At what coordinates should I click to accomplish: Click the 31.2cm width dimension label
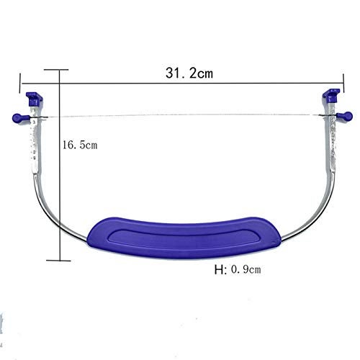(189, 73)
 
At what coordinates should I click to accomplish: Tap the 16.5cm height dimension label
(80, 145)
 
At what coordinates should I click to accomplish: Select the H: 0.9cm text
(238, 269)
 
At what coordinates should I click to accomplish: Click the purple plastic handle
(184, 238)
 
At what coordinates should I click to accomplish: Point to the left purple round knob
(18, 118)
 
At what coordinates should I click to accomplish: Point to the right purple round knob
(346, 116)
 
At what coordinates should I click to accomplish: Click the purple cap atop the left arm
(35, 99)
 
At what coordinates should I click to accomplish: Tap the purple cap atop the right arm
(331, 96)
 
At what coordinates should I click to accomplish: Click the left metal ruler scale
(35, 142)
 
